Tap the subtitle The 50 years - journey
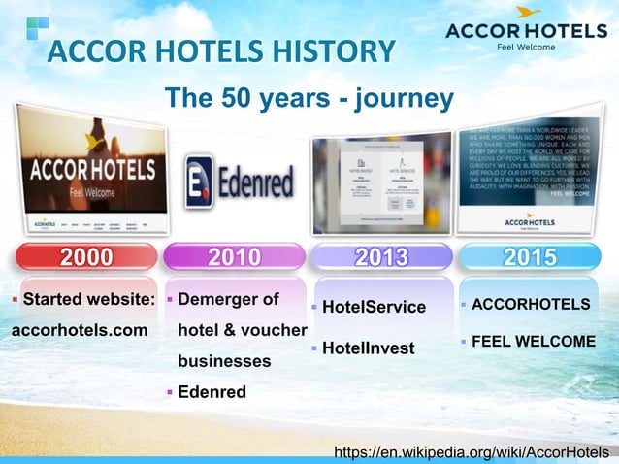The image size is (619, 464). point(309,98)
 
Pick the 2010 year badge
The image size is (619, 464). point(233,256)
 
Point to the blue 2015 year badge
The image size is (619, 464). point(529,256)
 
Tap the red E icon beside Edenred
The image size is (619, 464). point(200,182)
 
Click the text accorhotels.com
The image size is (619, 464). point(79,330)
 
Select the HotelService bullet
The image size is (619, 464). point(374,307)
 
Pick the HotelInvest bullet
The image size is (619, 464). point(368,348)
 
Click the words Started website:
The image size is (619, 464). point(88,299)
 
